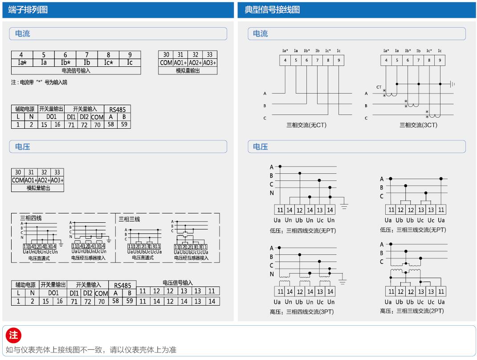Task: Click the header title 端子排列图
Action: point(28,10)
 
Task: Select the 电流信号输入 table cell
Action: point(76,70)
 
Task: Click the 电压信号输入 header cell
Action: point(178,282)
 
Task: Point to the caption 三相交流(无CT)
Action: point(306,125)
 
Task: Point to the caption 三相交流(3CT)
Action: point(418,125)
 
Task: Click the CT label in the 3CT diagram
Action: point(379,87)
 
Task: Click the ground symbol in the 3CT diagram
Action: point(452,84)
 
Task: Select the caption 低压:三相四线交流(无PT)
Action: point(302,230)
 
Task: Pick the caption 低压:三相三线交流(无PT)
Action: point(412,230)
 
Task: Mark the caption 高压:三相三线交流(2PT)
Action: point(412,311)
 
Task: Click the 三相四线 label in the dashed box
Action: point(31,219)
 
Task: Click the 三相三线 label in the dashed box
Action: point(129,219)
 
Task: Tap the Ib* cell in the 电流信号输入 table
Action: point(65,62)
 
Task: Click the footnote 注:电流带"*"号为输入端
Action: point(39,82)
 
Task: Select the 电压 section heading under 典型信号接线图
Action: point(261,147)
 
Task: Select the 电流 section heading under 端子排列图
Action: point(23,34)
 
